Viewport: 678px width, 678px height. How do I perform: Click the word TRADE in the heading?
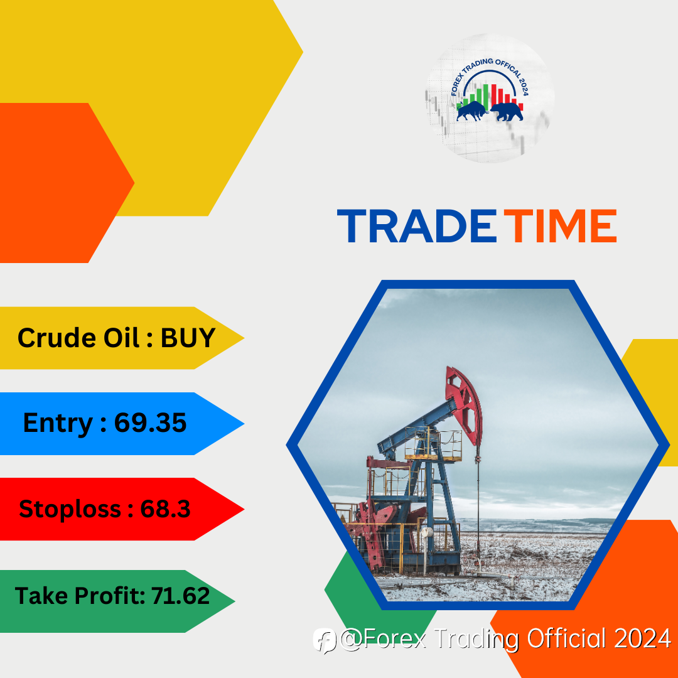[x=417, y=226]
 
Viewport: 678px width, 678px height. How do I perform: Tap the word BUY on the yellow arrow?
[x=188, y=338]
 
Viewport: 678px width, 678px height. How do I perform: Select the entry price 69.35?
[x=151, y=422]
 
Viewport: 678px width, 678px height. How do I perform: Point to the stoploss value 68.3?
[x=165, y=508]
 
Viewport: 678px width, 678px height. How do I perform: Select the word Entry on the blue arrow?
[x=58, y=423]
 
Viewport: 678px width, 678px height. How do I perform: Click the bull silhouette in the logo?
[x=471, y=110]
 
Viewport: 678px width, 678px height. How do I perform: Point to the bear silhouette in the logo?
[x=507, y=112]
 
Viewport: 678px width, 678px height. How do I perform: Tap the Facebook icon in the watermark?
[x=325, y=640]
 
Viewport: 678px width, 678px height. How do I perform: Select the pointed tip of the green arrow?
[x=235, y=601]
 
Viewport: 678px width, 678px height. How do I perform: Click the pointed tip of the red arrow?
[x=244, y=509]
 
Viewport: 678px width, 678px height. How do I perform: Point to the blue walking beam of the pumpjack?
[x=417, y=426]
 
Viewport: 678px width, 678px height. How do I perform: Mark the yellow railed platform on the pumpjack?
[x=433, y=444]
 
